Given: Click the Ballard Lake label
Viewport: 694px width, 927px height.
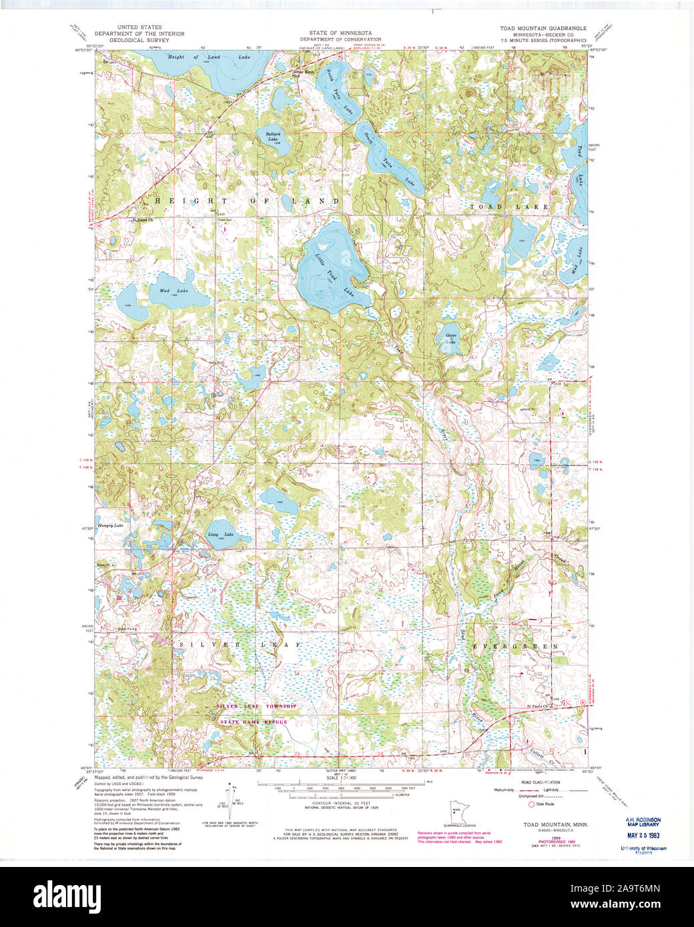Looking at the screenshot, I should click(x=272, y=136).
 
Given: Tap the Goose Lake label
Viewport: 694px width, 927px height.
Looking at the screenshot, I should click(x=451, y=338).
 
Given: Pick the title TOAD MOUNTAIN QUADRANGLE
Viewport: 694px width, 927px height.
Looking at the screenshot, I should click(x=543, y=29).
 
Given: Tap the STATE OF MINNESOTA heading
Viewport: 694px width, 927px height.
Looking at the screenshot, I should click(x=340, y=33).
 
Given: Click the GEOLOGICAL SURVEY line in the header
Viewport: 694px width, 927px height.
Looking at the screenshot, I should click(x=131, y=40).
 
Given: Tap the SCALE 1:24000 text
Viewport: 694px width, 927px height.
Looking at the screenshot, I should click(x=340, y=778).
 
